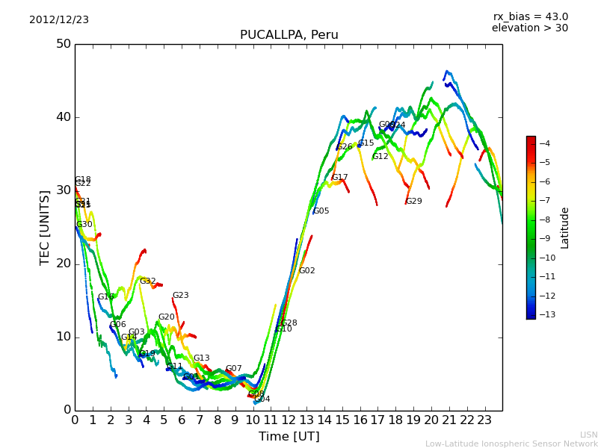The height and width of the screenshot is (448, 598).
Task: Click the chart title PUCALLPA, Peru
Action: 289,35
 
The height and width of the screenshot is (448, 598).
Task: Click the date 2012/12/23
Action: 59,20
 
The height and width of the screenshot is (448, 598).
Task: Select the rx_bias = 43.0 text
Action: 530,17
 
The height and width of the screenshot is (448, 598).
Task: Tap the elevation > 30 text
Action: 529,28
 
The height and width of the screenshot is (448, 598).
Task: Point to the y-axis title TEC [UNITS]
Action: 45,227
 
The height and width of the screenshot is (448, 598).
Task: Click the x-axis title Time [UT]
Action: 289,437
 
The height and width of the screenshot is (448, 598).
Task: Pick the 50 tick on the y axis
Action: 63,44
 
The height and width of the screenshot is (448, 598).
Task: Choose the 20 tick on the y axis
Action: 63,264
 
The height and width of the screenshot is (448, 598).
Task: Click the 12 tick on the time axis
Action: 289,420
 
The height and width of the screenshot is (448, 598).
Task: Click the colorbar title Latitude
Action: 565,228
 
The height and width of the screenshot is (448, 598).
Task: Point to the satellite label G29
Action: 414,202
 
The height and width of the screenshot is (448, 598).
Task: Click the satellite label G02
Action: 307,271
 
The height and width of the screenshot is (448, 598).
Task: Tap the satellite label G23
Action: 181,296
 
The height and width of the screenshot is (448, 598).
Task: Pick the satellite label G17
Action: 340,178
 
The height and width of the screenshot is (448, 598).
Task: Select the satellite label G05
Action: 321,211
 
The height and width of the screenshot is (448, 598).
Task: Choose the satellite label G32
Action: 148,281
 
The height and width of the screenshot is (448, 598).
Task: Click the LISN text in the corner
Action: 589,435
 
